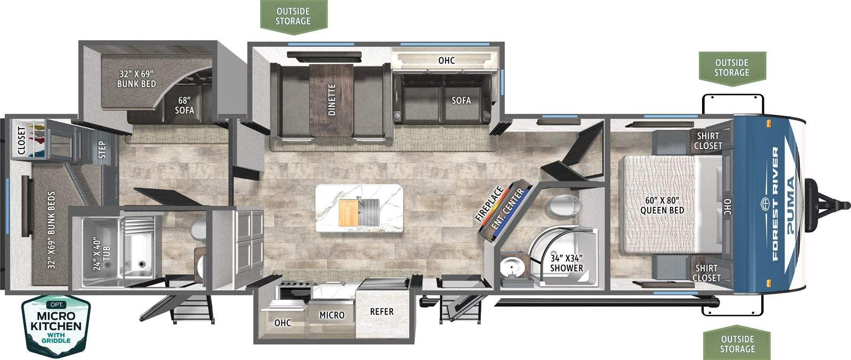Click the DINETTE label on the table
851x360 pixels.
click(332, 99)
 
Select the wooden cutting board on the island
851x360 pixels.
click(348, 213)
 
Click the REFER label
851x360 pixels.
click(381, 312)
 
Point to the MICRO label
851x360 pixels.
click(332, 315)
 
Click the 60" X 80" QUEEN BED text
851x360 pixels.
click(662, 205)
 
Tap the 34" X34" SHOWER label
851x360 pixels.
click(566, 263)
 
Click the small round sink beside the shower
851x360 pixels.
click(513, 267)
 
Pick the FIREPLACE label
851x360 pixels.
click(489, 204)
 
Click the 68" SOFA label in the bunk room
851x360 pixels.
click(185, 105)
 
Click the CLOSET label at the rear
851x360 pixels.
click(22, 140)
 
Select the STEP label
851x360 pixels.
click(102, 149)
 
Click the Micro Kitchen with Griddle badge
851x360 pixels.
click(56, 325)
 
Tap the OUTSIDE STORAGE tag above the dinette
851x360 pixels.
click(293, 16)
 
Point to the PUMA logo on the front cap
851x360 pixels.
click(790, 205)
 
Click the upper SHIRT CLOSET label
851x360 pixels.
click(708, 141)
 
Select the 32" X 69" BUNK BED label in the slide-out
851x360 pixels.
click(136, 79)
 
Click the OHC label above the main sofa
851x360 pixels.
click(446, 61)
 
